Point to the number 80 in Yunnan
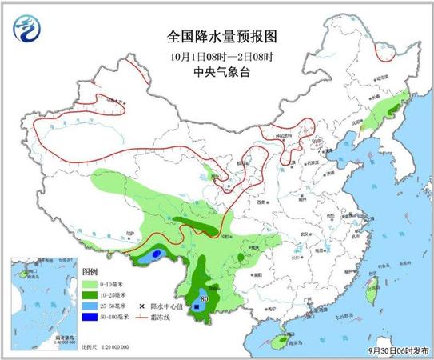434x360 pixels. pos(205,296)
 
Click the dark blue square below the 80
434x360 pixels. pos(197,304)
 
